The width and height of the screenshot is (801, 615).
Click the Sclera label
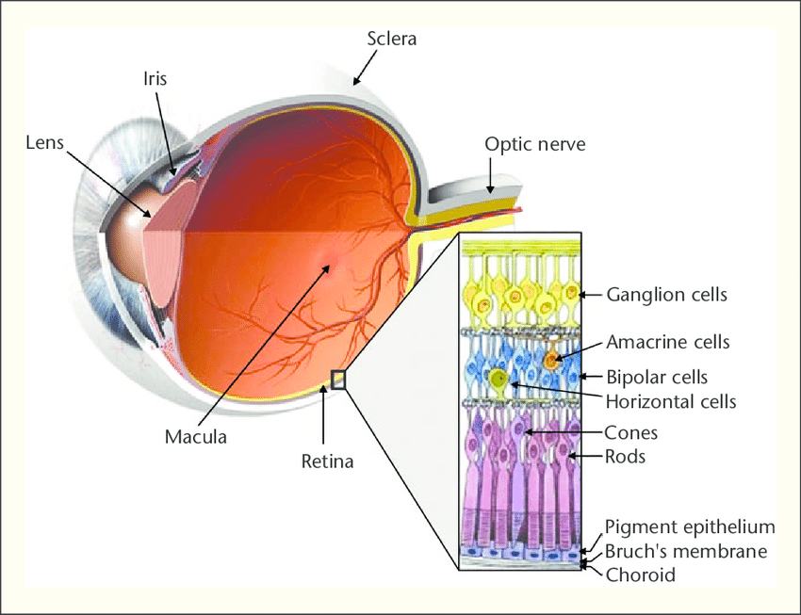pos(391,40)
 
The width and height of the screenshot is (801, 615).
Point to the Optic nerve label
pos(534,144)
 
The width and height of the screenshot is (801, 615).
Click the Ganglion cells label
pos(667,294)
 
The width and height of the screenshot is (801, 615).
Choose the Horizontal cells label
pos(670,401)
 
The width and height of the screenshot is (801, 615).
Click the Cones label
pos(630,433)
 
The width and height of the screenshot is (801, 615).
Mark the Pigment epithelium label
pos(690,526)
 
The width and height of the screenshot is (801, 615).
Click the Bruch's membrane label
pos(686,551)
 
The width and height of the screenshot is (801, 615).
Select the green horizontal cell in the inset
pos(499,380)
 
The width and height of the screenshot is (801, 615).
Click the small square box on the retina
pos(339,379)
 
